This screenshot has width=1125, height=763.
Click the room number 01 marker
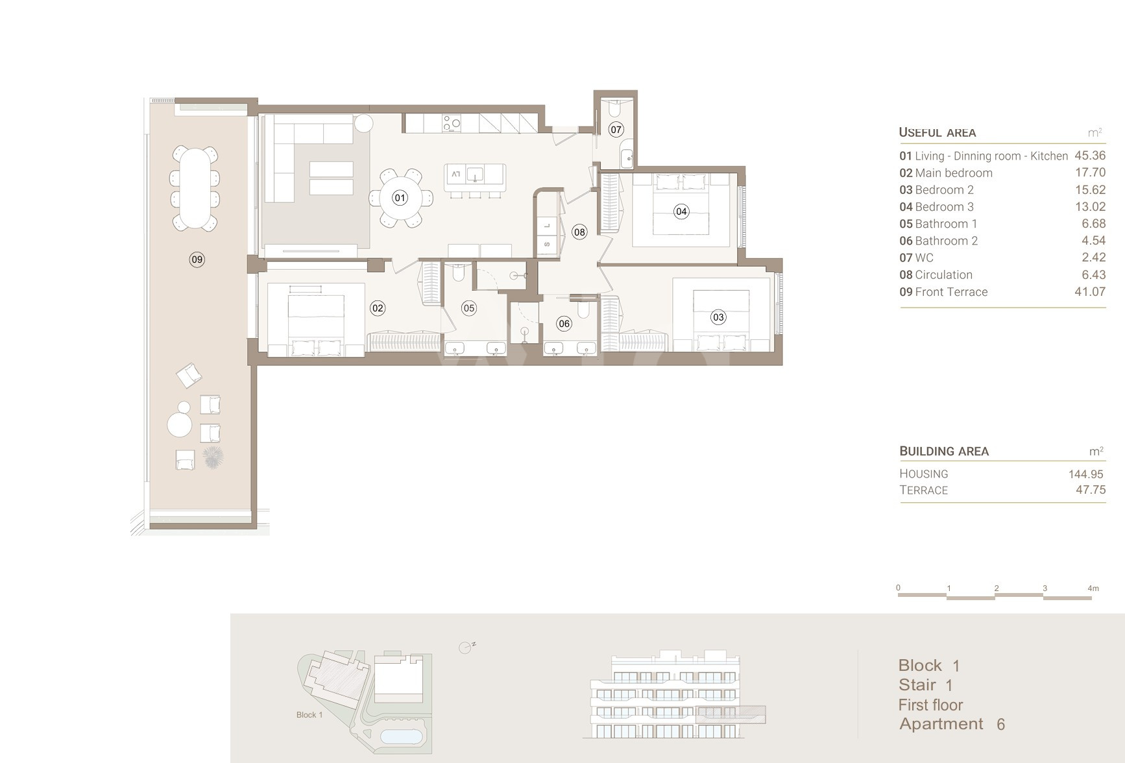point(400,198)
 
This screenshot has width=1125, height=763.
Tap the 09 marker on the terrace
point(197,260)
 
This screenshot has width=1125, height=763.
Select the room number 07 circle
point(616,129)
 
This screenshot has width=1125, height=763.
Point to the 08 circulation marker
point(579,232)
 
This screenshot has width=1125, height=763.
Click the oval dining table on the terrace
point(195,188)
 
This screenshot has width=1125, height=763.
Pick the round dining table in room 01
point(400,198)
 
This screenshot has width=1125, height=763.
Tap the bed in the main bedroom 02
point(316,321)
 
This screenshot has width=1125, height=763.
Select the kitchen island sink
point(476,174)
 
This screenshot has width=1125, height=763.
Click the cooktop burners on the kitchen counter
point(452,123)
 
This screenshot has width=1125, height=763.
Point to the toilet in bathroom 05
point(458,272)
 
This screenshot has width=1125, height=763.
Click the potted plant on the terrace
point(213,457)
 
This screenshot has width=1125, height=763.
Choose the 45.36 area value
point(1090,156)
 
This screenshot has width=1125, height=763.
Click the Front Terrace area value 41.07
point(1090,292)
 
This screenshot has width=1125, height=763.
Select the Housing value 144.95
point(1086,474)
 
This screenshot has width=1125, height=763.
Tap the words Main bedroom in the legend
point(954,173)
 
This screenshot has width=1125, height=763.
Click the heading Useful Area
point(937,132)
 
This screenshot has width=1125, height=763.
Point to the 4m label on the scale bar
point(1093,588)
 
